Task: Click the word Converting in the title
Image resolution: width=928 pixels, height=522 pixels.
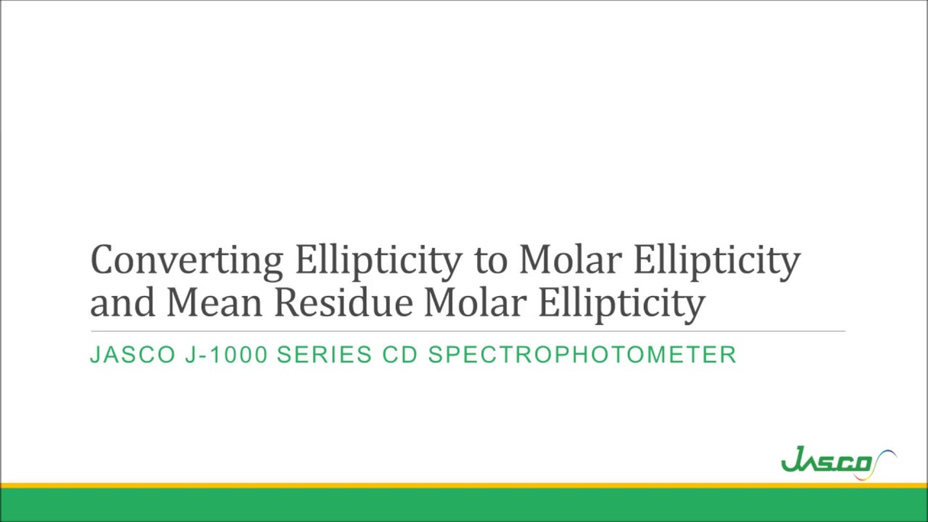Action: [186, 260]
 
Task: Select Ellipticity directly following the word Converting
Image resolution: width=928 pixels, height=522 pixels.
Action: [378, 260]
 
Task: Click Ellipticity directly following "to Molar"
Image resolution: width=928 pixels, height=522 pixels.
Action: [716, 260]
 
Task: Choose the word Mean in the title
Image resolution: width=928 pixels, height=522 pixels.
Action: [214, 302]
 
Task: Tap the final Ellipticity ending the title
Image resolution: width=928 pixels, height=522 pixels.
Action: [621, 302]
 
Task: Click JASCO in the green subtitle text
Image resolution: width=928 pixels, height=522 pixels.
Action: [133, 355]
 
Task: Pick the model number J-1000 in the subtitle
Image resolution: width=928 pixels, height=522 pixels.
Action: [227, 355]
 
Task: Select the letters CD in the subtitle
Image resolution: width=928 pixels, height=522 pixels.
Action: [399, 355]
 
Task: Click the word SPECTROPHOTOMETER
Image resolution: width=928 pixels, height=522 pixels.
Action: [582, 355]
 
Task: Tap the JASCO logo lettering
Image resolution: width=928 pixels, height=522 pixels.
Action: [826, 462]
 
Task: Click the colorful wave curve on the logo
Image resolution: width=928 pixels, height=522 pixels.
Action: [884, 463]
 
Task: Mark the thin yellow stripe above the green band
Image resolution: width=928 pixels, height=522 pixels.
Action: [464, 485]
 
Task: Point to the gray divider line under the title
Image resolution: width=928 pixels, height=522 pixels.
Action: [468, 331]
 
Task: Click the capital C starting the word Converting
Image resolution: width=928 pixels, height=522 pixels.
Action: [102, 260]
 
